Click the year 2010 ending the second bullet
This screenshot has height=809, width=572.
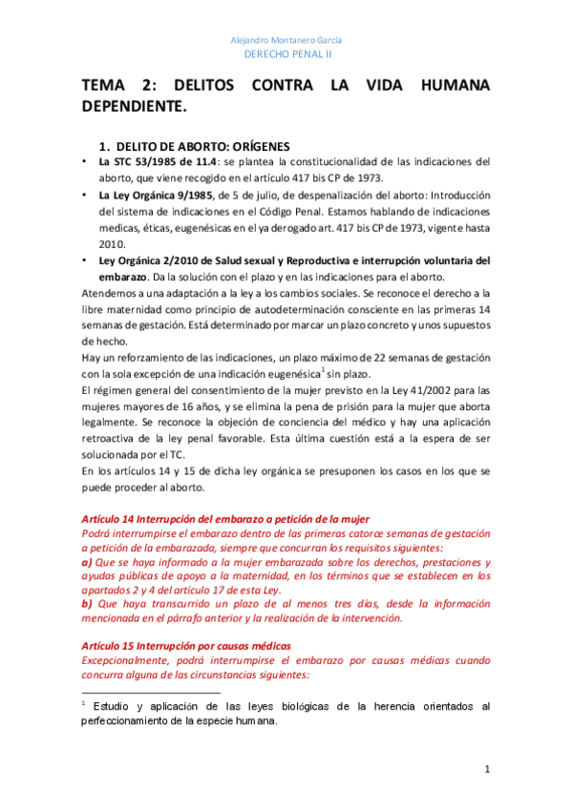(112, 243)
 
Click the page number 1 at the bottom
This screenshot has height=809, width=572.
(487, 770)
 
